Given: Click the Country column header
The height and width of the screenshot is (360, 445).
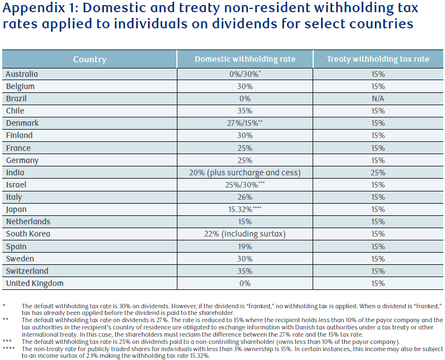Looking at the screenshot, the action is click(90, 60).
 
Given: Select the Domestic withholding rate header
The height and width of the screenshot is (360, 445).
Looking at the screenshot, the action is click(245, 59).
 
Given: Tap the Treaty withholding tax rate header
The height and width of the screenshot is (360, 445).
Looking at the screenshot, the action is click(378, 59).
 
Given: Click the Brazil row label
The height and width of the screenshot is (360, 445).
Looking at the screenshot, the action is click(17, 98).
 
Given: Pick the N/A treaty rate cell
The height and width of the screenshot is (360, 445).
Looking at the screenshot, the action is click(378, 98).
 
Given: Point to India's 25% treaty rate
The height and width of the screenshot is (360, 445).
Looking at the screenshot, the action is click(378, 172).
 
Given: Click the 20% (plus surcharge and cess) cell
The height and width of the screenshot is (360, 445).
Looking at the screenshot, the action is click(245, 172).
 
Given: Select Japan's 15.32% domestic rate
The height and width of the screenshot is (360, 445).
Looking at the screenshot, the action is click(245, 209).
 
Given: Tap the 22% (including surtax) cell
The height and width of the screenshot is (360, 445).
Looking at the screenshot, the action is click(245, 234).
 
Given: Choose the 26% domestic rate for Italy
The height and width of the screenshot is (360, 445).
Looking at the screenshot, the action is click(245, 197).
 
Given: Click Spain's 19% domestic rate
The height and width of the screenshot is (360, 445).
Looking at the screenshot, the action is click(245, 246).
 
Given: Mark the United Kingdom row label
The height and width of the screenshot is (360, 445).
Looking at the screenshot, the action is click(34, 283).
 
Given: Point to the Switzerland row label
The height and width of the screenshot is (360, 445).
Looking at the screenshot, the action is click(27, 271).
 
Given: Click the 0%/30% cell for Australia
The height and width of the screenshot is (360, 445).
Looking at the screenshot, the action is click(245, 74).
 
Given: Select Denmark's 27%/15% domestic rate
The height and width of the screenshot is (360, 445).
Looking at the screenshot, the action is click(245, 123).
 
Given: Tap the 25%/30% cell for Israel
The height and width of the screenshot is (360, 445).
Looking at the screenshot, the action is click(245, 185).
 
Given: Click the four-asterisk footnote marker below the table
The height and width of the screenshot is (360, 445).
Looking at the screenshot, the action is click(8, 348).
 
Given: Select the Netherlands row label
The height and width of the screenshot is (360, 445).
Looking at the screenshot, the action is click(28, 221).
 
